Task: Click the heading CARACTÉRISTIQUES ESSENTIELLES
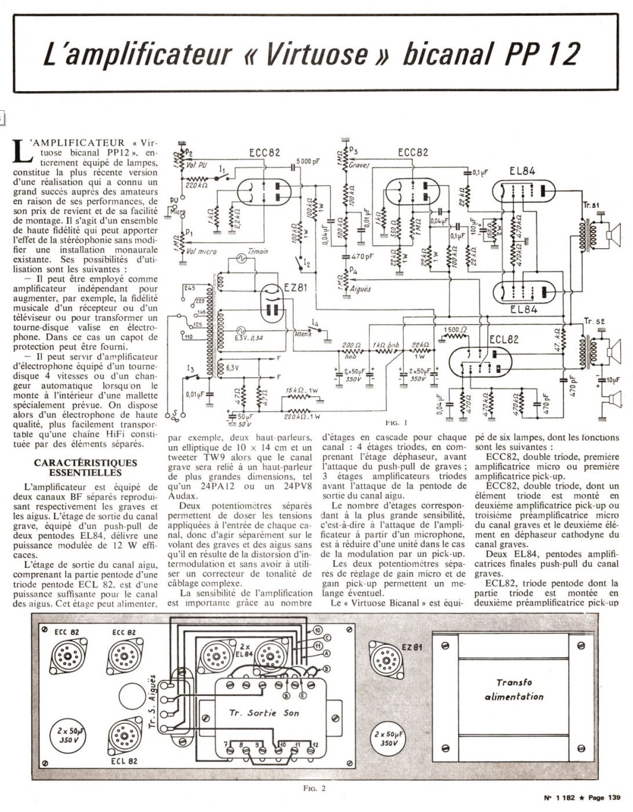(85, 467)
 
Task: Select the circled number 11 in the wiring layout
(317, 645)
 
